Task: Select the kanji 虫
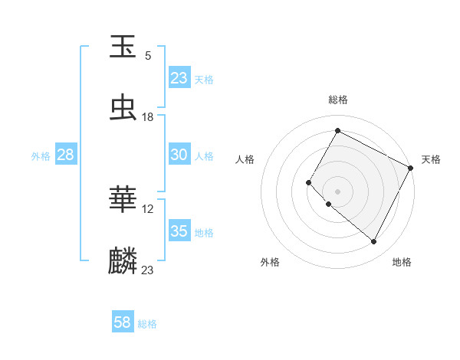click(x=123, y=108)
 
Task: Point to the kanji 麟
click(x=123, y=260)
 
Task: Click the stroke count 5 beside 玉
click(x=148, y=55)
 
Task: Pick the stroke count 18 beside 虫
click(x=148, y=116)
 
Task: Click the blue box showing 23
click(x=179, y=78)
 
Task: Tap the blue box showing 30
click(x=179, y=155)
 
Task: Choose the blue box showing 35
click(x=179, y=231)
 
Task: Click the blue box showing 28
click(x=66, y=155)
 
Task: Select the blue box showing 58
click(x=123, y=323)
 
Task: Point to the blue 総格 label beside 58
click(x=148, y=324)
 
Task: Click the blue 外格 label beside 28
click(x=41, y=155)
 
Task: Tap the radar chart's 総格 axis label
click(x=338, y=100)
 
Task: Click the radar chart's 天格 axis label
click(x=431, y=159)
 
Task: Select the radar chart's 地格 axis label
click(x=402, y=262)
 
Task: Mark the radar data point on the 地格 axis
click(x=374, y=242)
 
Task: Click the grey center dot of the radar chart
click(x=337, y=191)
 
